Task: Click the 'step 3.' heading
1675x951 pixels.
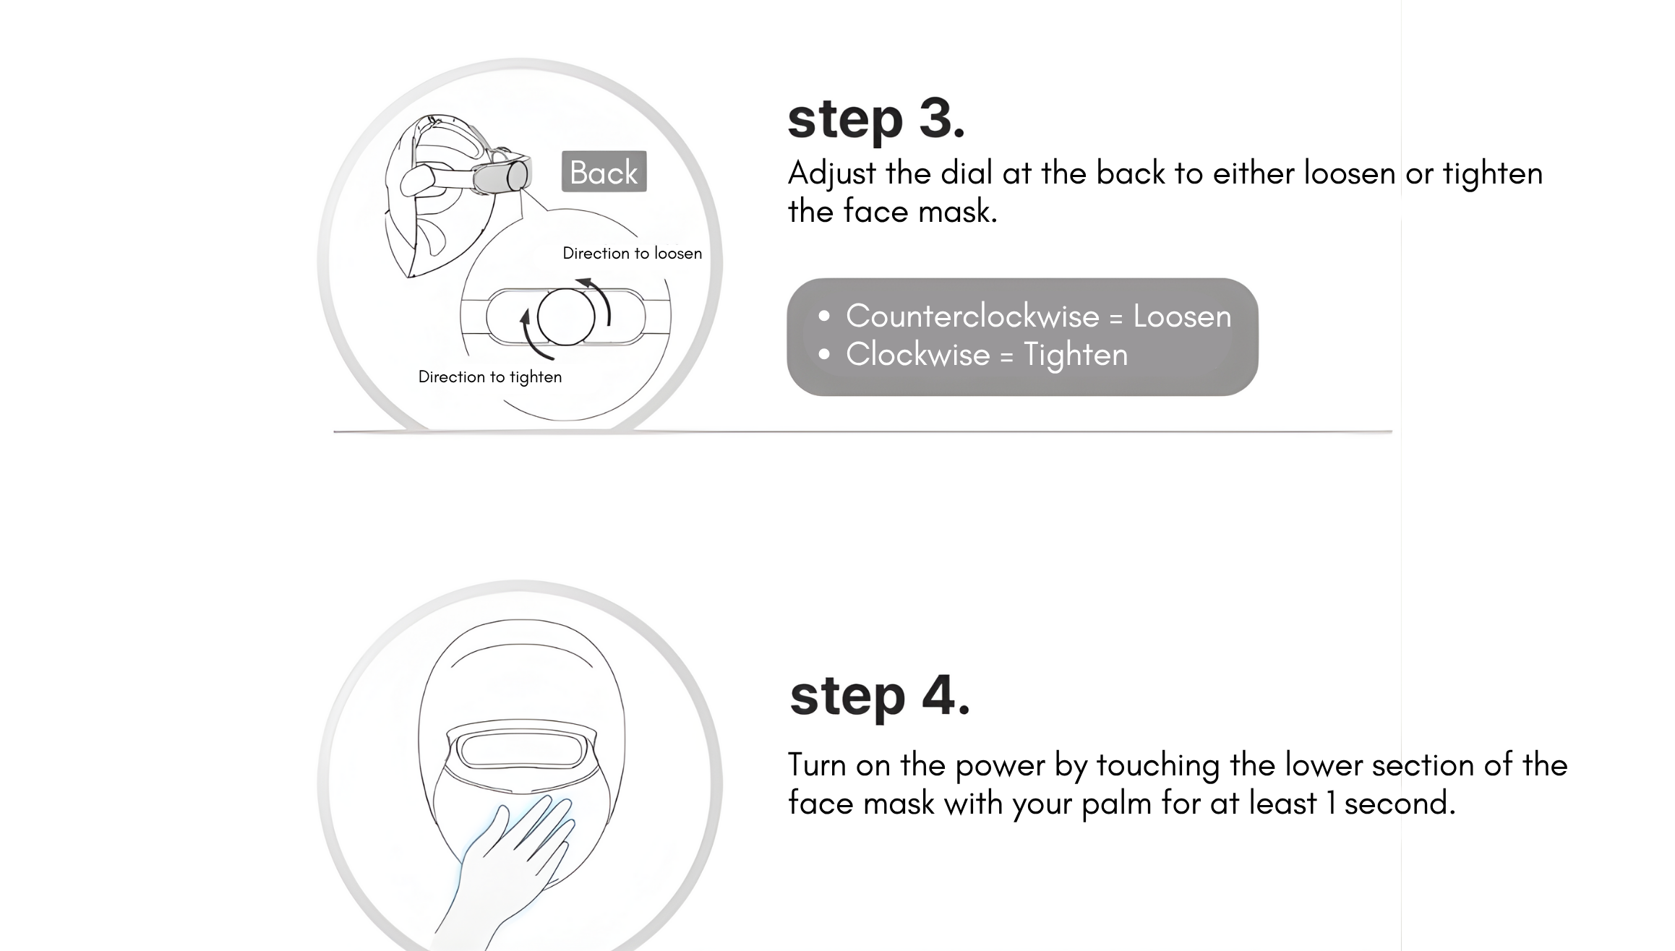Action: pyautogui.click(x=876, y=120)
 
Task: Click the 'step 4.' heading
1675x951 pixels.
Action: pyautogui.click(x=880, y=697)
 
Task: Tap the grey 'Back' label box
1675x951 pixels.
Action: pyautogui.click(x=604, y=171)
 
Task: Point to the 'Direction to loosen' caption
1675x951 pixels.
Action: pyautogui.click(x=633, y=253)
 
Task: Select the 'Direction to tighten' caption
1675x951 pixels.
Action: pyautogui.click(x=490, y=376)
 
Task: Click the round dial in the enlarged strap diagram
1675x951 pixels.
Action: pyautogui.click(x=566, y=317)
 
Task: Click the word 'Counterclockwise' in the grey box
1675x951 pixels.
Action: pyautogui.click(x=972, y=316)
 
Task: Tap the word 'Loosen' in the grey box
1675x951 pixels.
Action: pyautogui.click(x=1182, y=316)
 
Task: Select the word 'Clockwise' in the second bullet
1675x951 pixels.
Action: pyautogui.click(x=917, y=354)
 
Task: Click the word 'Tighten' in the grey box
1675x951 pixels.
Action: pyautogui.click(x=1076, y=355)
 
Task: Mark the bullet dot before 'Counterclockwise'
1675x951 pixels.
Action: pyautogui.click(x=824, y=317)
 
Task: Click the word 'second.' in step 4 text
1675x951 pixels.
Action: pyautogui.click(x=1400, y=803)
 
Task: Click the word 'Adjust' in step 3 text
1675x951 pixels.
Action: pyautogui.click(x=832, y=173)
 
